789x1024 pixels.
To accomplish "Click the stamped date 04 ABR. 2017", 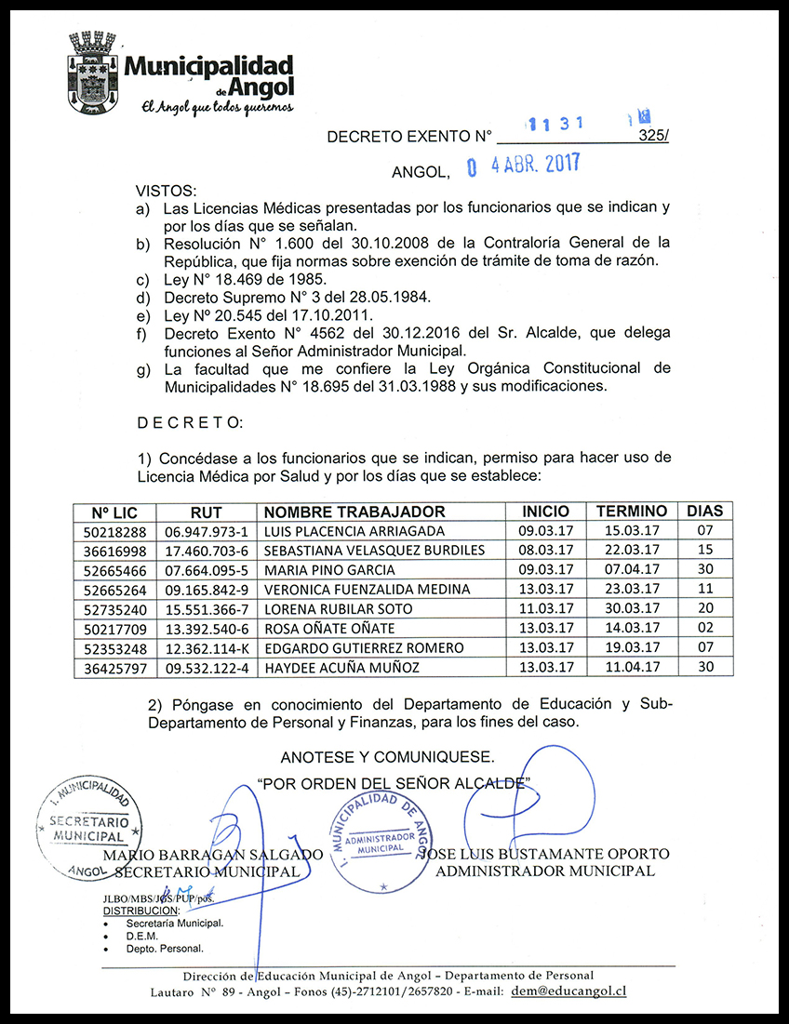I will click(523, 166).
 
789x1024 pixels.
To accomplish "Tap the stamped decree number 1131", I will click(555, 123).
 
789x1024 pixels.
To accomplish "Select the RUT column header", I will click(206, 512).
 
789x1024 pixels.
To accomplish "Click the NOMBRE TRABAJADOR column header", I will click(354, 512).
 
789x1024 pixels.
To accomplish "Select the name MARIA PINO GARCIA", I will click(329, 570).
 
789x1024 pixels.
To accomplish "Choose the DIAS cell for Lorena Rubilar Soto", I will click(704, 609).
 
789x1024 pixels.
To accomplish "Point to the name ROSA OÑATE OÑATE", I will click(330, 629).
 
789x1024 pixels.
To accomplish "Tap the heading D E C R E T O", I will click(190, 423).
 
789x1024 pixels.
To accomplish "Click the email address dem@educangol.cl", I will click(568, 991).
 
